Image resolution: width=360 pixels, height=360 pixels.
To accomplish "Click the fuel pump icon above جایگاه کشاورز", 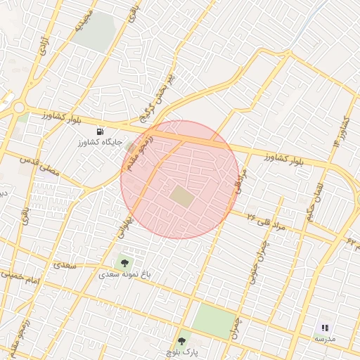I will tap(100, 131).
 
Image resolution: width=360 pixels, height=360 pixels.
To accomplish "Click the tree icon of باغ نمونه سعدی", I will tap(125, 263).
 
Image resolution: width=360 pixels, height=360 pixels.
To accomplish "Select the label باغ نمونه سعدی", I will tap(125, 274).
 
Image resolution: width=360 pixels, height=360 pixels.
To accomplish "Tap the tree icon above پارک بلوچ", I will tap(182, 341).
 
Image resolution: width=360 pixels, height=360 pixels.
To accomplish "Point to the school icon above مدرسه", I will tap(325, 328).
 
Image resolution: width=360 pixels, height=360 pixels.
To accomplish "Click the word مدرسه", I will tap(325, 339).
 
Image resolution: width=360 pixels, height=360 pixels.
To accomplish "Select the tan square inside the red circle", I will tap(182, 196).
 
